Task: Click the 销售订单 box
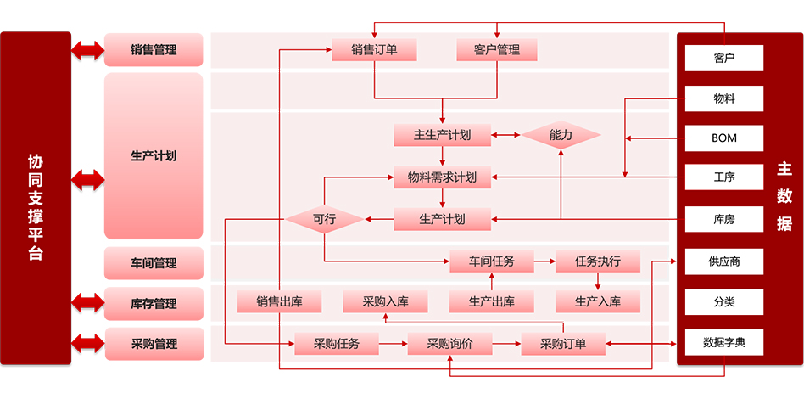[374, 49]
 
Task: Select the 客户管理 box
[497, 49]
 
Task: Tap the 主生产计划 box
[442, 134]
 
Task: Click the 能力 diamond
[561, 134]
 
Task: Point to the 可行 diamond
[325, 219]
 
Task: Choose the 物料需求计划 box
[442, 177]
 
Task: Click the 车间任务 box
[492, 261]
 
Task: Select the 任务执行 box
[598, 261]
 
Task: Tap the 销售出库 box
[279, 301]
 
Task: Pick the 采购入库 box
[385, 301]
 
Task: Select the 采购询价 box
[449, 344]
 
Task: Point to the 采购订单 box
[564, 344]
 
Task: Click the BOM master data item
[724, 138]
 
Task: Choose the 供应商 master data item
[724, 261]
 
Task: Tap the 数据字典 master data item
[724, 343]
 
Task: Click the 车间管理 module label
[154, 263]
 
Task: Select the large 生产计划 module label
[154, 156]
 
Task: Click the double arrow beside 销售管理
[87, 50]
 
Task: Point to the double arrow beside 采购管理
[87, 344]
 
